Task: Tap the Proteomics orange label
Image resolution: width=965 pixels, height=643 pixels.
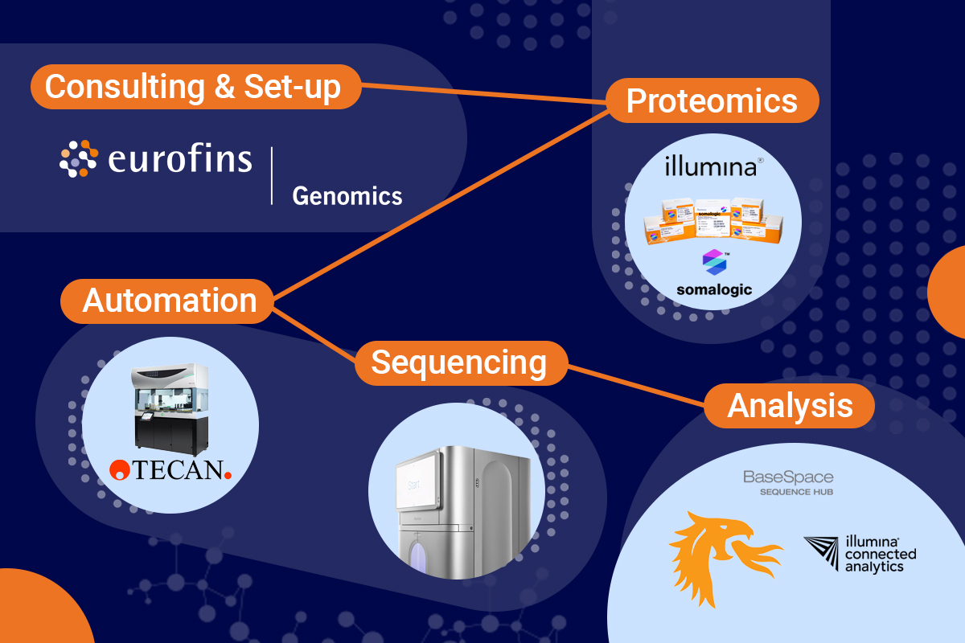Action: pyautogui.click(x=712, y=101)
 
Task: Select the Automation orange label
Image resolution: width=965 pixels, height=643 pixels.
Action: pyautogui.click(x=169, y=301)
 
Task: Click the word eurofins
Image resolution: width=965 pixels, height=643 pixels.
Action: pyautogui.click(x=179, y=159)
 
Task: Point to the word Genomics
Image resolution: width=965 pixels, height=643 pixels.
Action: pyautogui.click(x=347, y=195)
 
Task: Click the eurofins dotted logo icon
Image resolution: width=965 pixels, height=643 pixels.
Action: pyautogui.click(x=79, y=158)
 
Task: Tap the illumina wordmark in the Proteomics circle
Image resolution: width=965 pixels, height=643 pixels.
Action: pyautogui.click(x=710, y=167)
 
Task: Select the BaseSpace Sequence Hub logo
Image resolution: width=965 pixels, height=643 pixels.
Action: pyautogui.click(x=787, y=481)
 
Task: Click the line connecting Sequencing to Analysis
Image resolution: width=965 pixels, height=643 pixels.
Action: pyautogui.click(x=635, y=383)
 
